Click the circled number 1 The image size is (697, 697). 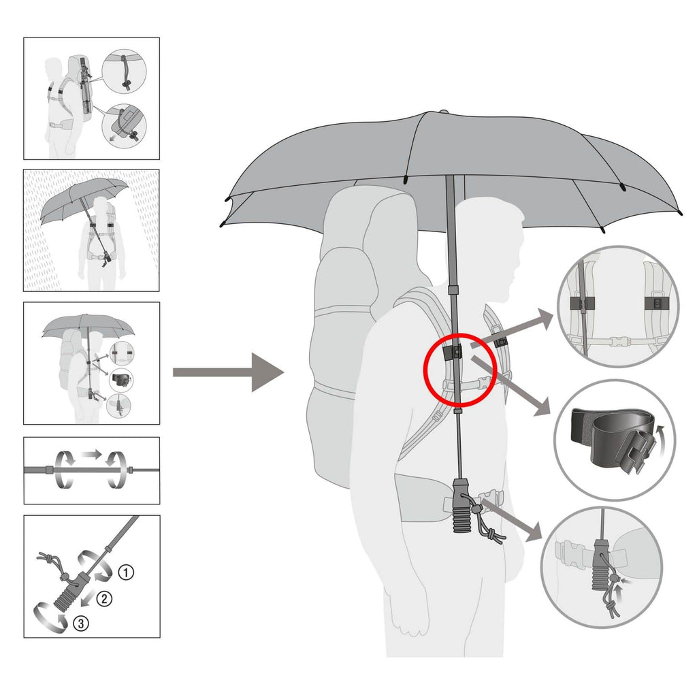point(126,572)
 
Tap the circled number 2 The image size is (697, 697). point(104,598)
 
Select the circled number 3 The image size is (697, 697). point(81,623)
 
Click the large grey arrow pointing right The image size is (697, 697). point(229,372)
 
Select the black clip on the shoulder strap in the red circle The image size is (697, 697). point(452,353)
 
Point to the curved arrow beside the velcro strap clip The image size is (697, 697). point(662,440)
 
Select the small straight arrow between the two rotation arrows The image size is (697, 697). point(91,454)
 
